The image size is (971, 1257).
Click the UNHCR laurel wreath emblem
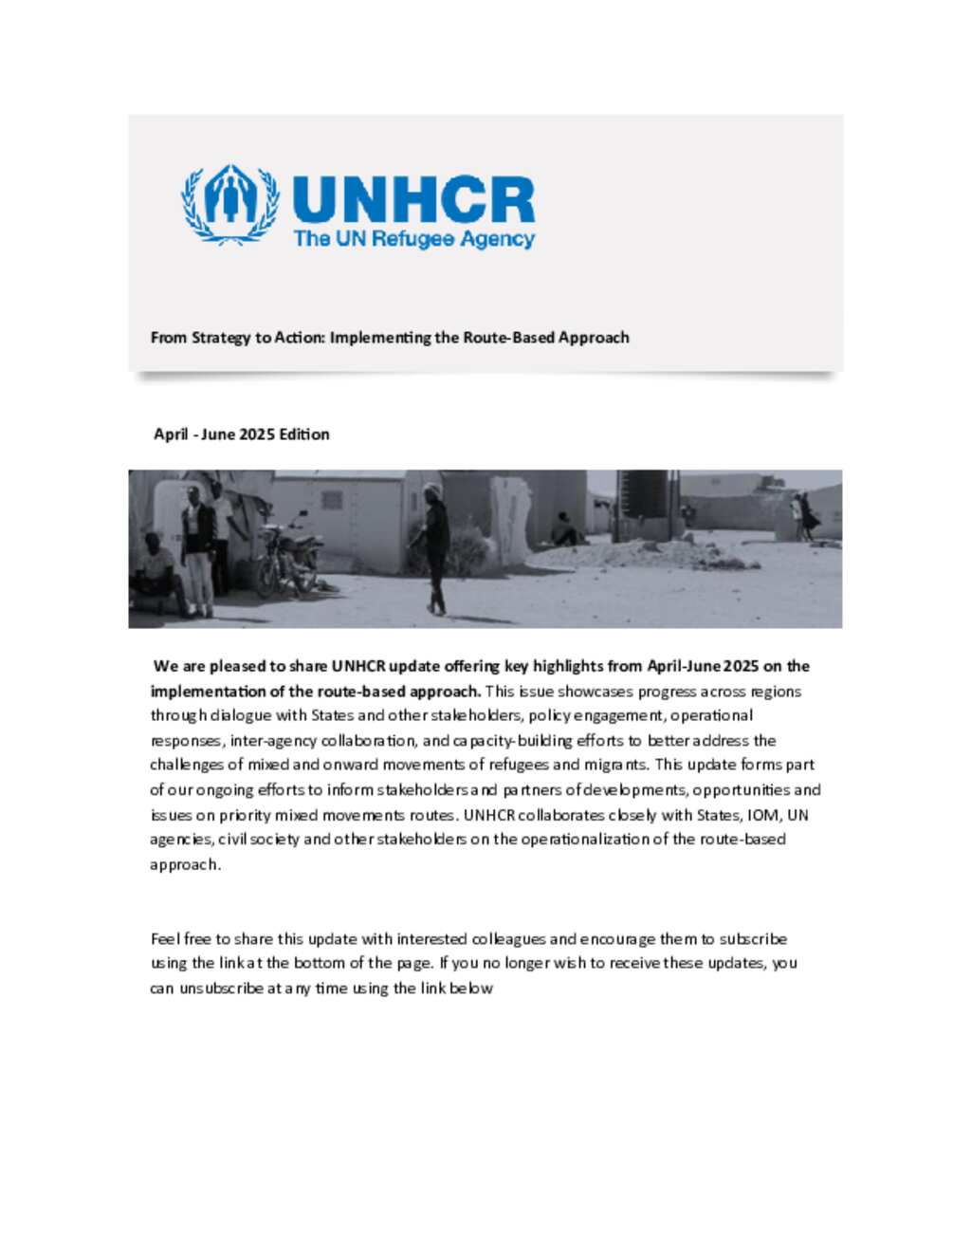pyautogui.click(x=230, y=204)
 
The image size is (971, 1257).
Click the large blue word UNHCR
pyautogui.click(x=413, y=200)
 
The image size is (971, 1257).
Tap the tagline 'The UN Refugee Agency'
pyautogui.click(x=414, y=239)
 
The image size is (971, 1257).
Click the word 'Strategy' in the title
pyautogui.click(x=222, y=338)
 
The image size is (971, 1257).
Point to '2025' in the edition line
pyautogui.click(x=256, y=434)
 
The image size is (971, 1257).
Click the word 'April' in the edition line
pyautogui.click(x=171, y=434)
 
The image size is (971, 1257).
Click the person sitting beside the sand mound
pyautogui.click(x=566, y=530)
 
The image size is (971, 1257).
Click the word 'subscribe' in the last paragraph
pyautogui.click(x=753, y=939)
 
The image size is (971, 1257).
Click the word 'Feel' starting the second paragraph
pyautogui.click(x=165, y=939)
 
